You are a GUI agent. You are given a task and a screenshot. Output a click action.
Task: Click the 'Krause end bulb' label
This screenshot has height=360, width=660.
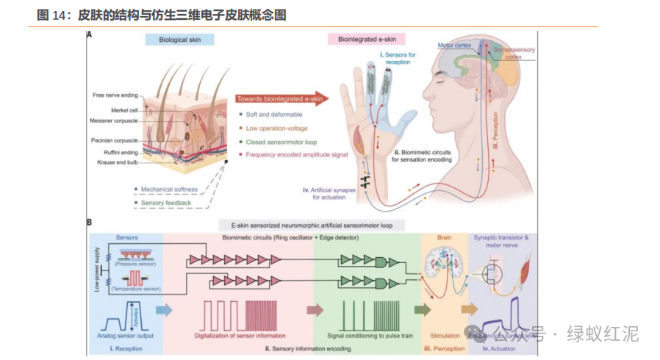point(117,162)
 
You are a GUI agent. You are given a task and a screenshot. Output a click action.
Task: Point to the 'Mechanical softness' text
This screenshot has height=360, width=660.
point(165,189)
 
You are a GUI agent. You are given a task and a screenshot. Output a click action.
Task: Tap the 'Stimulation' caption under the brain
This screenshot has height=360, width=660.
point(444,335)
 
